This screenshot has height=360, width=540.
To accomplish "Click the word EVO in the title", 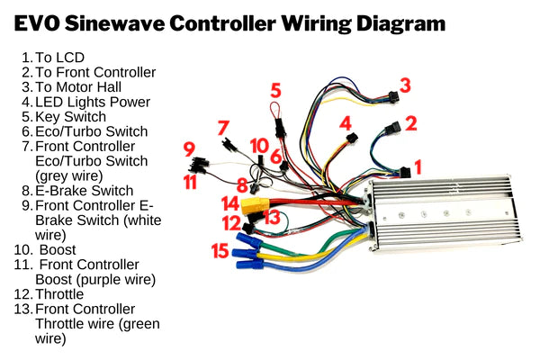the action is tap(37, 23).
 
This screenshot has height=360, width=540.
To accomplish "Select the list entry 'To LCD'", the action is tap(59, 58).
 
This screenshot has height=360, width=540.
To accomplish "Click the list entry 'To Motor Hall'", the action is tap(78, 86).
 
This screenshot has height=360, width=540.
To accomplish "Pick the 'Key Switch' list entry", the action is tap(70, 117).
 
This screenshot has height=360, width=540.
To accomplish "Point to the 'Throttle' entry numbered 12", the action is tap(59, 294).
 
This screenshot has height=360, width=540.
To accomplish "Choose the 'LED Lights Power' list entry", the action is tap(93, 102).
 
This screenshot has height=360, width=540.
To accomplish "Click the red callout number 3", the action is tap(405, 85).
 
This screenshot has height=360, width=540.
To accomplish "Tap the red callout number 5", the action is tap(275, 90).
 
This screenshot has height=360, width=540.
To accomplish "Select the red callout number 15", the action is tap(220, 250).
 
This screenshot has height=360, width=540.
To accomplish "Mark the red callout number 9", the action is tap(189, 149).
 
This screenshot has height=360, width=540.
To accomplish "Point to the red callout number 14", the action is tap(230, 203).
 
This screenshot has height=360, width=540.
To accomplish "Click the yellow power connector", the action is tap(255, 205).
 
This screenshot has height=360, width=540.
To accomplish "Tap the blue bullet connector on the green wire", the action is tap(248, 239).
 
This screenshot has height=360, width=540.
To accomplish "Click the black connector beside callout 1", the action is tap(405, 172).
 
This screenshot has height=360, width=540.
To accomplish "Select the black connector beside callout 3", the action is tap(393, 96).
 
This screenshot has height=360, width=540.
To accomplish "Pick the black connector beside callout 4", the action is tap(352, 139).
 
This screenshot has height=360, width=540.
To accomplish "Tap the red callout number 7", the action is tap(223, 128).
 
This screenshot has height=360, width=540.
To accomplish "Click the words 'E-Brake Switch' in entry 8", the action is tap(84, 191).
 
